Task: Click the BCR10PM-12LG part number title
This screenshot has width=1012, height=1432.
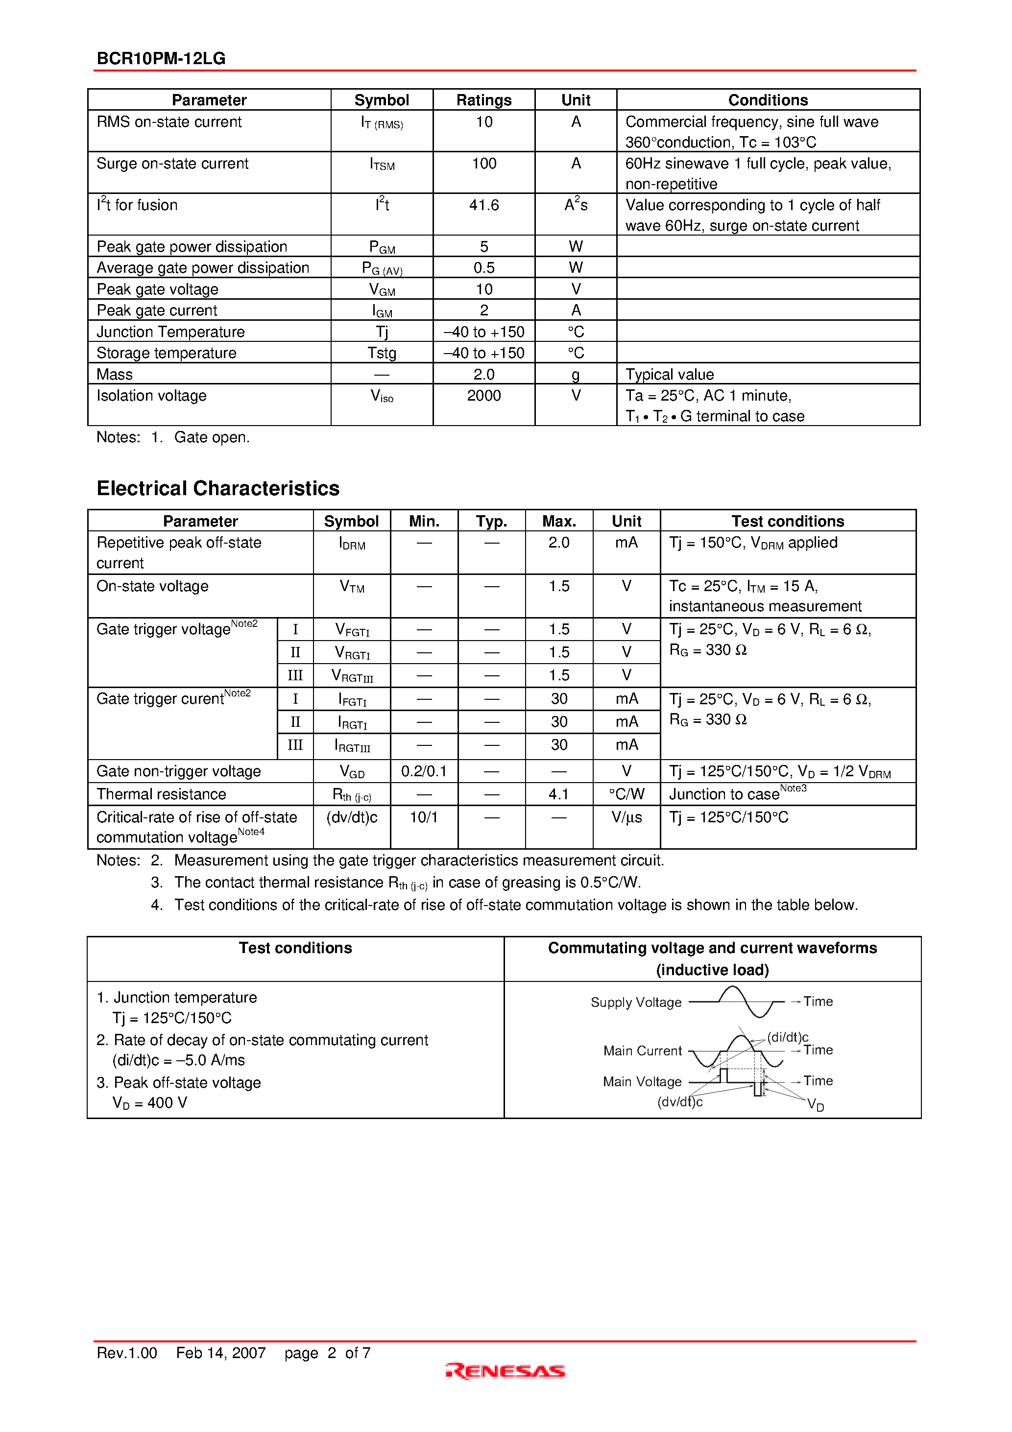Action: point(161,59)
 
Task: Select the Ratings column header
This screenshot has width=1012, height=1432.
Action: point(483,100)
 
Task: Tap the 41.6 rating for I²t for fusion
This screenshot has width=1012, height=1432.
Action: point(483,205)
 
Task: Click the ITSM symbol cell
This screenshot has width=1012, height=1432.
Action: point(382,165)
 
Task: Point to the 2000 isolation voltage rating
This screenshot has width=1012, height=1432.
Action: point(483,395)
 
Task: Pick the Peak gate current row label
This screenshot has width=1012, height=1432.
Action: point(157,310)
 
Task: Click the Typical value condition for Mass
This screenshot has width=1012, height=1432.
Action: point(670,374)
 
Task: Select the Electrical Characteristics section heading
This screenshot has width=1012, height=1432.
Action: point(218,488)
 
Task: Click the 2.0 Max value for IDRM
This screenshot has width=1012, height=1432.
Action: point(558,543)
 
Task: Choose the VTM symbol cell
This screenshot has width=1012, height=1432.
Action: point(352,587)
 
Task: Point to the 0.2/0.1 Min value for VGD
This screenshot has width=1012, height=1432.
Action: point(424,771)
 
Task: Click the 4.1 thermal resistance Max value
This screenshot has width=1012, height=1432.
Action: point(558,794)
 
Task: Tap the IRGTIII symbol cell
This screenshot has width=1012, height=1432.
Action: point(352,746)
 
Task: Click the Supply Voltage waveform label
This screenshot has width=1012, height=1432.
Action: point(636,1002)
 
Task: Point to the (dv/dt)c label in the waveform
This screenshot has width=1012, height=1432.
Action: point(679,1102)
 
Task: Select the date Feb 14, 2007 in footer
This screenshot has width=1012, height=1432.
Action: point(221,1353)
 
